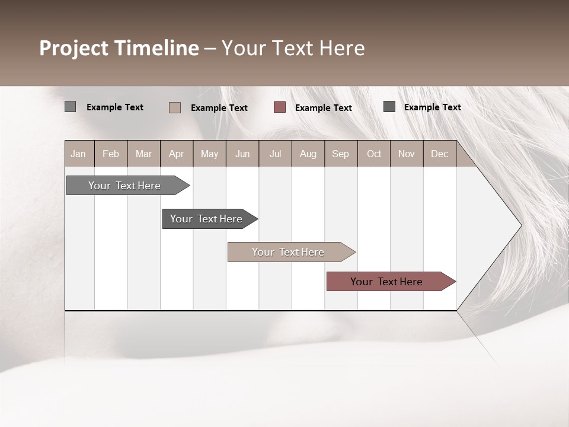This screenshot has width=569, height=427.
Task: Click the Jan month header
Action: (78, 154)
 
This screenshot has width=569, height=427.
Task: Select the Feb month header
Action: (111, 154)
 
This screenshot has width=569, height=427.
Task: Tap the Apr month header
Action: (177, 154)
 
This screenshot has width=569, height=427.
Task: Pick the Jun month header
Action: (242, 154)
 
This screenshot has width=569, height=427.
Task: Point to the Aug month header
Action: (308, 154)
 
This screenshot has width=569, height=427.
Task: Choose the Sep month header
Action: (340, 154)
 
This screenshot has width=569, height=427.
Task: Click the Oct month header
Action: (374, 154)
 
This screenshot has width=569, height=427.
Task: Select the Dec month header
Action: (440, 154)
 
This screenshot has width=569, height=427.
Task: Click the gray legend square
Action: (70, 107)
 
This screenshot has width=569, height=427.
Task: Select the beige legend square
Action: (174, 107)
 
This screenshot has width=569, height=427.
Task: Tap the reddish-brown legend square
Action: (280, 107)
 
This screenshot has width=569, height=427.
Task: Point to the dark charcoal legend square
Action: (389, 107)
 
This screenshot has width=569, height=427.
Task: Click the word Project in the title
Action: (75, 48)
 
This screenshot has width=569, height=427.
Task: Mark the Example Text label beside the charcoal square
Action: (432, 107)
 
